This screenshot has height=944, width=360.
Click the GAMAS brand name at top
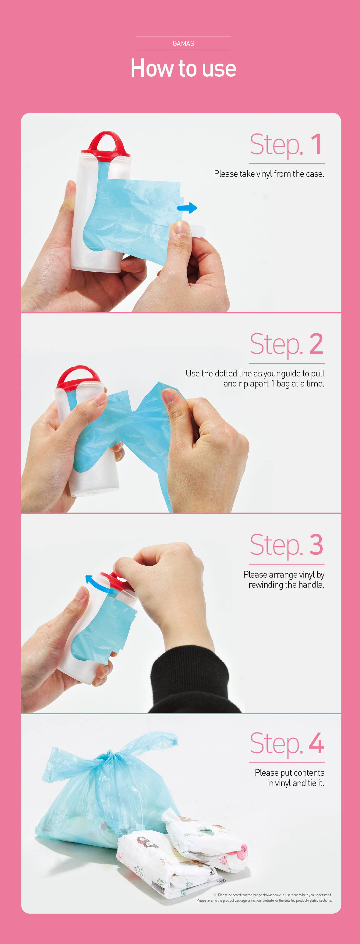click(x=183, y=44)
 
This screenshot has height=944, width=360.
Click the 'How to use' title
click(x=183, y=68)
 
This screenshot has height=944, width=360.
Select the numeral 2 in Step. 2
click(x=316, y=344)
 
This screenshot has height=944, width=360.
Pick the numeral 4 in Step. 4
click(x=316, y=743)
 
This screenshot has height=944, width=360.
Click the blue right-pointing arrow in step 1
click(x=187, y=208)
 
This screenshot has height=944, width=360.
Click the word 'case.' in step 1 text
click(x=315, y=174)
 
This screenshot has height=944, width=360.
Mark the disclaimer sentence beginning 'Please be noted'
click(x=275, y=895)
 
